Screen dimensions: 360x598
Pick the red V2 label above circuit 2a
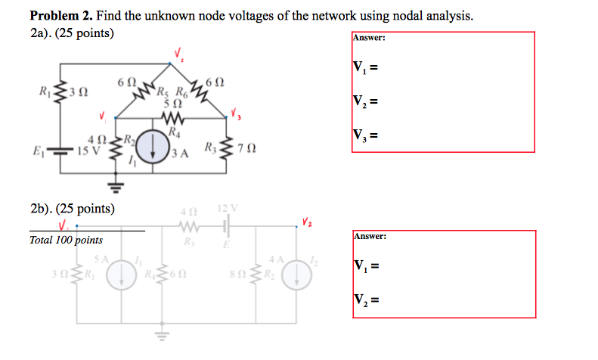pos(179,54)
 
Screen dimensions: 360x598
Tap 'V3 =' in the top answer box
pos(364,136)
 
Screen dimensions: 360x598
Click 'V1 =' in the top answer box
pos(364,68)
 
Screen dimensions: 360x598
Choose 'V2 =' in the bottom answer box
pos(364,300)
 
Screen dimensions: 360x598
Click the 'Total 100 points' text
pos(66,240)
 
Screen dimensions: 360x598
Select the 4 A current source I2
pos(296,278)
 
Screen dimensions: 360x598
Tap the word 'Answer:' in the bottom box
pos(370,237)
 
